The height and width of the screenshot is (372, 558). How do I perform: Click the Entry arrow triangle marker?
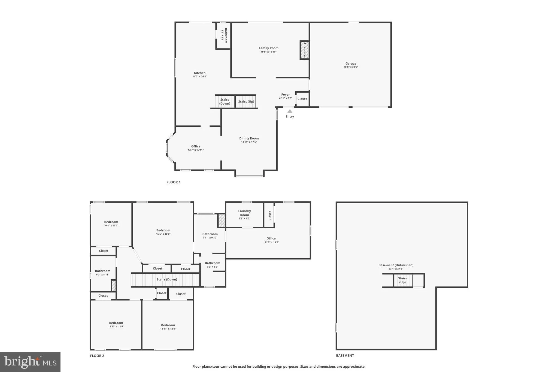click(x=290, y=111)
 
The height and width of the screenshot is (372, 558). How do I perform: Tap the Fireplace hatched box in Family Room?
click(x=304, y=50)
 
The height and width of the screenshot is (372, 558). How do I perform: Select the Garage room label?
click(x=351, y=63)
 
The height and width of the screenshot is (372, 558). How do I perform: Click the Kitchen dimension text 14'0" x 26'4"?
click(x=200, y=77)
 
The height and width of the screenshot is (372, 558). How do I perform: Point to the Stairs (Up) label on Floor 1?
click(x=246, y=102)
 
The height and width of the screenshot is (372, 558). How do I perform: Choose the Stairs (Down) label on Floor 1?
click(x=225, y=102)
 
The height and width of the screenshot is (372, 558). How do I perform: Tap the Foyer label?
click(x=286, y=95)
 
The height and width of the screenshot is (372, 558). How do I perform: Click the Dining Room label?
click(x=249, y=138)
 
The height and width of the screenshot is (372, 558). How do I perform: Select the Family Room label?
click(x=268, y=48)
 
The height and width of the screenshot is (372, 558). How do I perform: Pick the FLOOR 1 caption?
click(x=173, y=182)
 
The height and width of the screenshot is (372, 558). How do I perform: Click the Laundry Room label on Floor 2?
click(x=244, y=213)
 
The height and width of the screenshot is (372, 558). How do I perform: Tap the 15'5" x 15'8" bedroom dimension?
click(x=163, y=234)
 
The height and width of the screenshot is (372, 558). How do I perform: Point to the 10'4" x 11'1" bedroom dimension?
click(x=111, y=226)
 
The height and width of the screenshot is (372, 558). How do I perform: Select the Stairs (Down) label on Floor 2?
click(x=167, y=279)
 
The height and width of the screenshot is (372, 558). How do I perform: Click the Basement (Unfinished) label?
click(x=396, y=265)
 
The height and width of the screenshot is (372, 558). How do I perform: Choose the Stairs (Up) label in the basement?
click(x=402, y=280)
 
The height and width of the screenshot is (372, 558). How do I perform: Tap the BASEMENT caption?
click(x=345, y=356)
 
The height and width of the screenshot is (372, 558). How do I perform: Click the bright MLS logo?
click(x=30, y=362)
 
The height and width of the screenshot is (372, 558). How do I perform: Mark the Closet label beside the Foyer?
click(x=302, y=99)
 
